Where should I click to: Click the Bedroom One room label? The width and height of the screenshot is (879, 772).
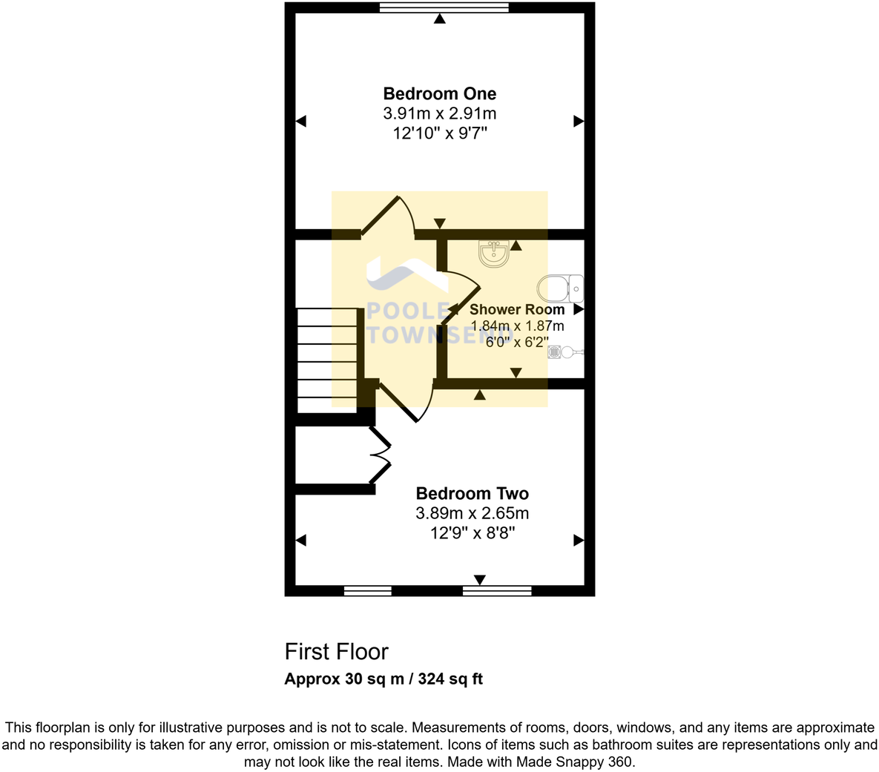[x=439, y=93]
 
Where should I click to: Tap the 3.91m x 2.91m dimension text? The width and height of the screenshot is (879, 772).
[x=439, y=113]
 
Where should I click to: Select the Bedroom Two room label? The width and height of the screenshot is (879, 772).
[x=472, y=493]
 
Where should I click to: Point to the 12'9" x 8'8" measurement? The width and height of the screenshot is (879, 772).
[x=472, y=532]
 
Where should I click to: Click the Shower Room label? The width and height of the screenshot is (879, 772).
[x=516, y=309]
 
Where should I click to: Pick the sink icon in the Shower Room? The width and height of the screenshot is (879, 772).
[x=493, y=254]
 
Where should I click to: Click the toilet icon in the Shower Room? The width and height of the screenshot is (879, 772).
[x=560, y=288]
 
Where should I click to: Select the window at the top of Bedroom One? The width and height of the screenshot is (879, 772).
[x=444, y=7]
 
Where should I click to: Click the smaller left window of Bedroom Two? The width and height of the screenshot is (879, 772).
[x=367, y=591]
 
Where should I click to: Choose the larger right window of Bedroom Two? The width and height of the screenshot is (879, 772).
[x=496, y=591]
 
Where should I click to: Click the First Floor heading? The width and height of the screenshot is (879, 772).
[x=336, y=652]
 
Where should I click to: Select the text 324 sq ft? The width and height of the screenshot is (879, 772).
[x=450, y=679]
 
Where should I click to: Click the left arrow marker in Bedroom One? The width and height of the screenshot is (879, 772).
[x=300, y=121]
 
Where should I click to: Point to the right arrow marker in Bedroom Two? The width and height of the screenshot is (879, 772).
[x=579, y=541]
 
